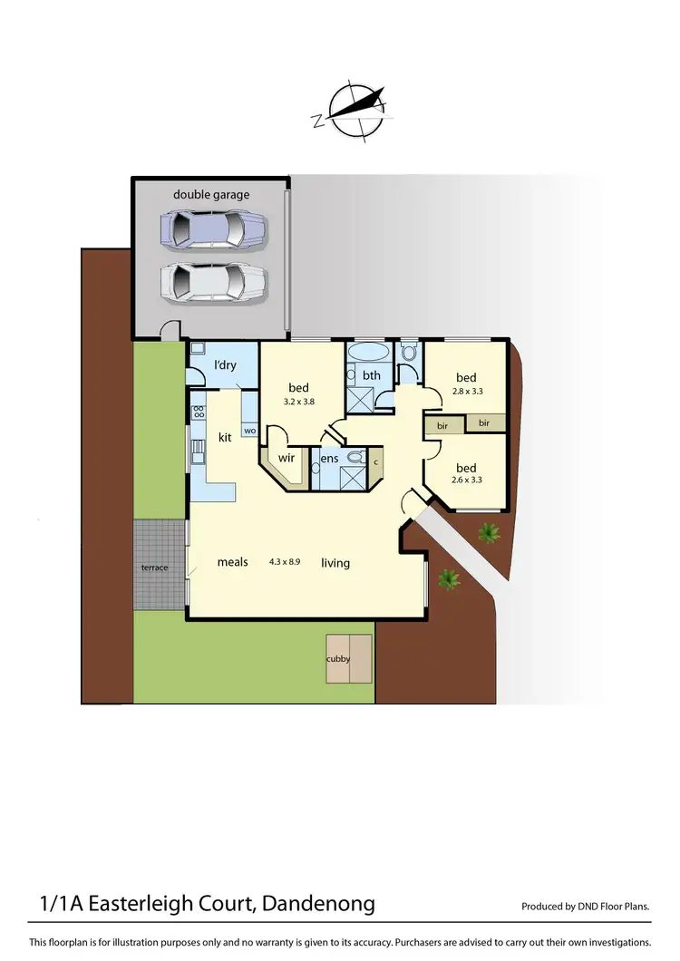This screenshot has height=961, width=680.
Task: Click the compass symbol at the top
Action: pos(355,111)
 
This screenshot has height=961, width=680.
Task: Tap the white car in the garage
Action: pos(214,283)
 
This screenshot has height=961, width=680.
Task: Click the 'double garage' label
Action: pos(211,194)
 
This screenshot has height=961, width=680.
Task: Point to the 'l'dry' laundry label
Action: pos(225,365)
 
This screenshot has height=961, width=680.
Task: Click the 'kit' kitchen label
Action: pos(226,437)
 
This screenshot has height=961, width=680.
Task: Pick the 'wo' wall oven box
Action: pos(249,431)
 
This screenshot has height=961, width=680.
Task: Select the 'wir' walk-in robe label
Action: pos(287,458)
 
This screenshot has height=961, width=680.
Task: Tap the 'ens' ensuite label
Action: pos(330,459)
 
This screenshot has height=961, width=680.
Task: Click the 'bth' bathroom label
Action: pos(372,375)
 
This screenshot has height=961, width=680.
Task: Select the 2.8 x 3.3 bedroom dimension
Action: pos(466,393)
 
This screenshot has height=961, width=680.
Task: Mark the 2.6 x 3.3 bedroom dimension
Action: pos(466,480)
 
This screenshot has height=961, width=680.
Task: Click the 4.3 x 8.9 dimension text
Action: pos(285,562)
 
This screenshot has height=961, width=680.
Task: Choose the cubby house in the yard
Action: pos(349,658)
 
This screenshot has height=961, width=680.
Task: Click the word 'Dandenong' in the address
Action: pos(317,904)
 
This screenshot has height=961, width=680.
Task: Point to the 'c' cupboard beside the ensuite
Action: pos(375,461)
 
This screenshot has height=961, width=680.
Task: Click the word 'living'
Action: pos(335,563)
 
